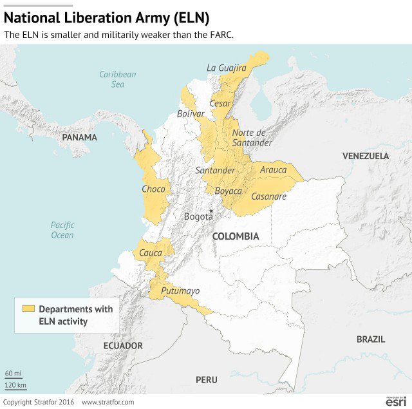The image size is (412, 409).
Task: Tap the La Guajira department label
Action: (x=226, y=68)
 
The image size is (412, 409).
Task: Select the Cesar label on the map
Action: (x=220, y=103)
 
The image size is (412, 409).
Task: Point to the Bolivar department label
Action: (x=191, y=113)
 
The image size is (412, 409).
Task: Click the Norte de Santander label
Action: (x=252, y=138)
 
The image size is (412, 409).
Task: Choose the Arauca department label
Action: (x=273, y=170)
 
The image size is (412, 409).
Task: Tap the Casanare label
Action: (x=268, y=196)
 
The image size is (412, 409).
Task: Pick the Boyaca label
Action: (x=228, y=191)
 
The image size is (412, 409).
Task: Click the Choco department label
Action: (x=153, y=189)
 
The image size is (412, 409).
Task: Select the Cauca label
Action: (x=151, y=253)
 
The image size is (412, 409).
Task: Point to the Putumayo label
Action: (x=180, y=291)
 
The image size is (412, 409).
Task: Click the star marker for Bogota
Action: (x=211, y=211)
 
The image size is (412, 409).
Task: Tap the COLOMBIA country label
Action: (x=236, y=236)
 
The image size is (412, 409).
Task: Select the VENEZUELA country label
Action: (x=365, y=156)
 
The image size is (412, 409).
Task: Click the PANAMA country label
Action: (x=79, y=137)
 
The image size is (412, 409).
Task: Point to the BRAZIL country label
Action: (x=370, y=339)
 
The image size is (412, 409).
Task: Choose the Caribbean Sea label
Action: (x=117, y=79)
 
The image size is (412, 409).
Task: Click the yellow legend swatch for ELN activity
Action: (x=28, y=309)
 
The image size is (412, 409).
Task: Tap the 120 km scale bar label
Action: (x=15, y=385)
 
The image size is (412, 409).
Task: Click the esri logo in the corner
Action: (x=396, y=401)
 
